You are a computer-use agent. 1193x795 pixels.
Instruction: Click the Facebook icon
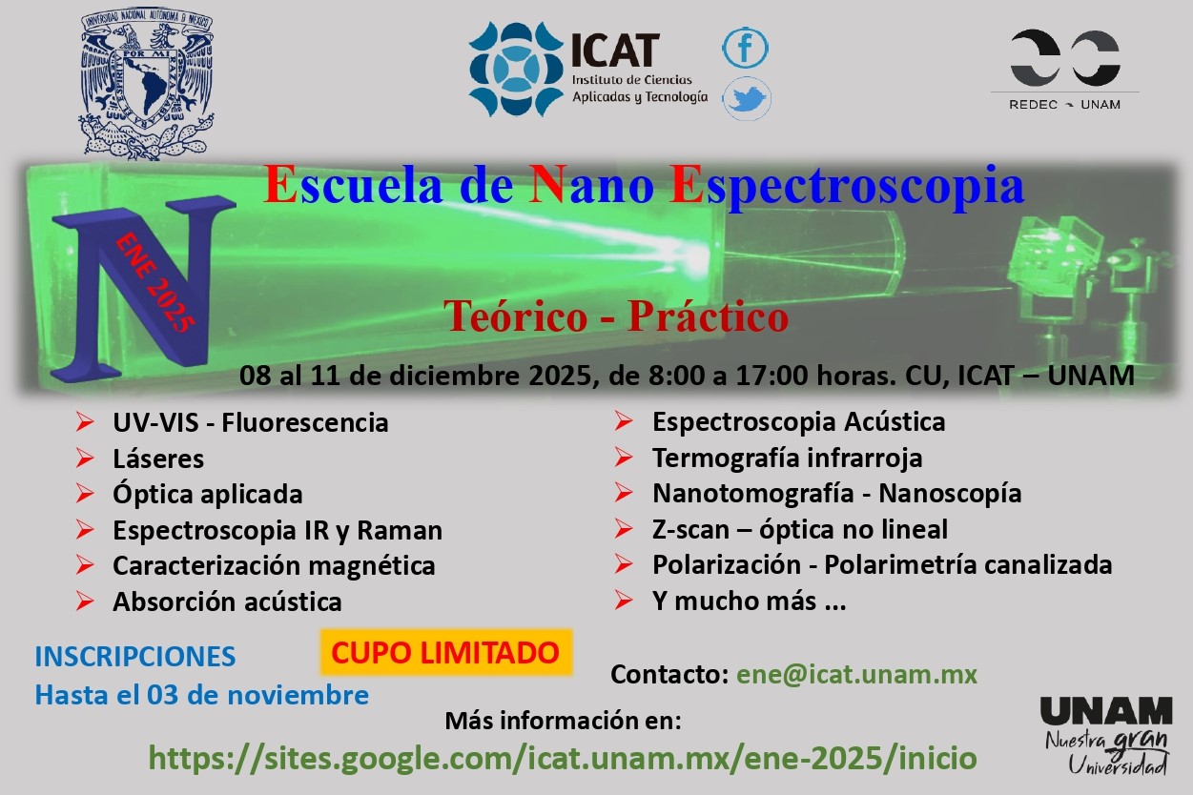pyautogui.click(x=745, y=48)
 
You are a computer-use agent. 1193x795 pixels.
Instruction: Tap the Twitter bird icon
pyautogui.click(x=747, y=98)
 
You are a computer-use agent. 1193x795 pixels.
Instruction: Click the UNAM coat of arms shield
pyautogui.click(x=147, y=83)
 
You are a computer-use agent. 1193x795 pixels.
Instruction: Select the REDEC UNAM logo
pyautogui.click(x=1064, y=70)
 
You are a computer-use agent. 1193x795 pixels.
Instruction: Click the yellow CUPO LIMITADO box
pyautogui.click(x=445, y=653)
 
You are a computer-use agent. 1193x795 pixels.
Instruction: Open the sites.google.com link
pyautogui.click(x=563, y=758)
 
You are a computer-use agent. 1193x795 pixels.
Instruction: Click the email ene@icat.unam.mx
pyautogui.click(x=856, y=674)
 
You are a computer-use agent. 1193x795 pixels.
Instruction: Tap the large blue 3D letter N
pyautogui.click(x=143, y=288)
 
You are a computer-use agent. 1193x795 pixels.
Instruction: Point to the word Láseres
pyautogui.click(x=158, y=459)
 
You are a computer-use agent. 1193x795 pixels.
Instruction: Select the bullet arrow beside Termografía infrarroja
pyautogui.click(x=623, y=458)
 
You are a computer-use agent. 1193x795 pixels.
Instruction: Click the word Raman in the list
pyautogui.click(x=400, y=530)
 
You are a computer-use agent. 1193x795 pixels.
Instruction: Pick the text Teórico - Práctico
pyautogui.click(x=617, y=316)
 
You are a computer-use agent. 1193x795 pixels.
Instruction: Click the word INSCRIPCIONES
pyautogui.click(x=135, y=656)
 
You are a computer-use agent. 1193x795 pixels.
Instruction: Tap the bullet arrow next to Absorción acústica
pyautogui.click(x=85, y=601)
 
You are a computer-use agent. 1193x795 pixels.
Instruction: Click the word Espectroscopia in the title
pyautogui.click(x=847, y=186)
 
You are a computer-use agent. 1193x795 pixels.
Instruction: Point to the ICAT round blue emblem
pyautogui.click(x=516, y=70)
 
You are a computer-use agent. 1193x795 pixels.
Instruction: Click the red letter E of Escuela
pyautogui.click(x=279, y=184)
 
